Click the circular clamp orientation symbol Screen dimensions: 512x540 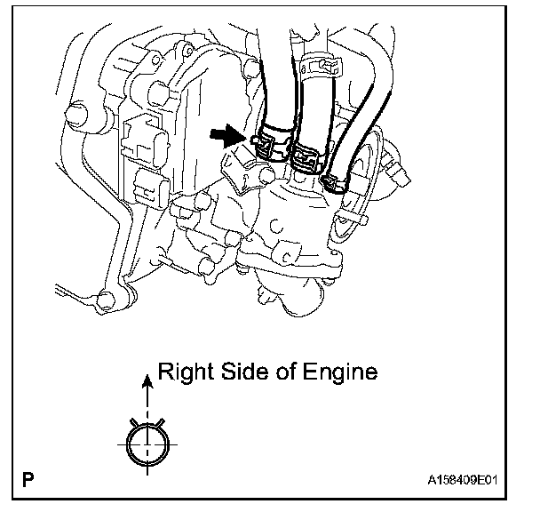pyautogui.click(x=147, y=442)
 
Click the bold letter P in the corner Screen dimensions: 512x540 pyautogui.click(x=29, y=484)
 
